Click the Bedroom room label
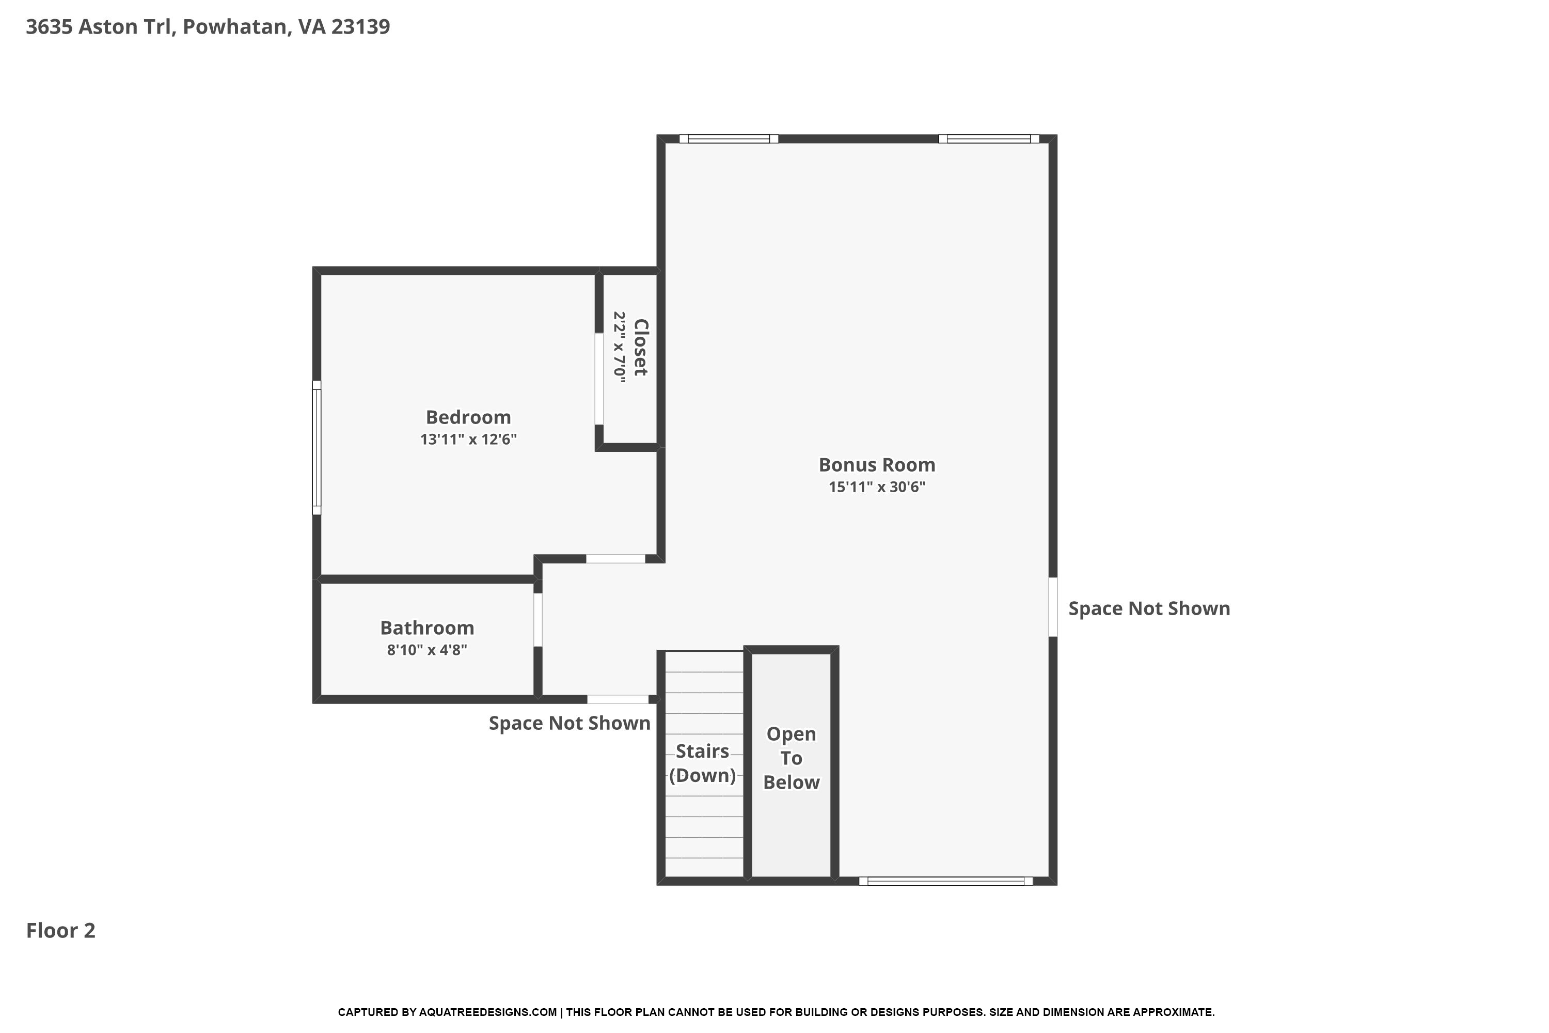(x=468, y=417)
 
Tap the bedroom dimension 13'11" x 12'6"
(x=468, y=440)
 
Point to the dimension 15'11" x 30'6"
(x=877, y=487)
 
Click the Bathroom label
(x=427, y=628)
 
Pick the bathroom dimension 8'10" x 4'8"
(x=427, y=650)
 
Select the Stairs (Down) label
(x=703, y=763)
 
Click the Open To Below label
(x=791, y=758)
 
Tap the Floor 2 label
(x=60, y=930)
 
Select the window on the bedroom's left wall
(x=317, y=448)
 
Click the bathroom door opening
(x=538, y=620)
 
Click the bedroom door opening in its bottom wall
(x=616, y=559)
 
